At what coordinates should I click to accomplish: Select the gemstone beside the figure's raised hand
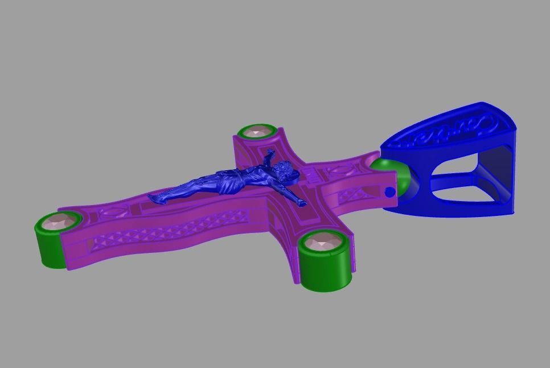coord(257,130)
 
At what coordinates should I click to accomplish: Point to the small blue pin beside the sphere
coord(389,193)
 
